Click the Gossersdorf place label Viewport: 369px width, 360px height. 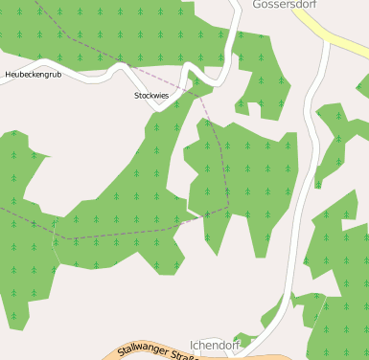284,5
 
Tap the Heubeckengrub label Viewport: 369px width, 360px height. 33,74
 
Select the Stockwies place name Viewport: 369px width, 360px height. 151,96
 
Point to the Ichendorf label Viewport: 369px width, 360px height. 214,345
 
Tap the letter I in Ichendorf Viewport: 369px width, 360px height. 192,345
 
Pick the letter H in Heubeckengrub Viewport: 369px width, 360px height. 8,74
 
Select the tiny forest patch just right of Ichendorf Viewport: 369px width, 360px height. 244,339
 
